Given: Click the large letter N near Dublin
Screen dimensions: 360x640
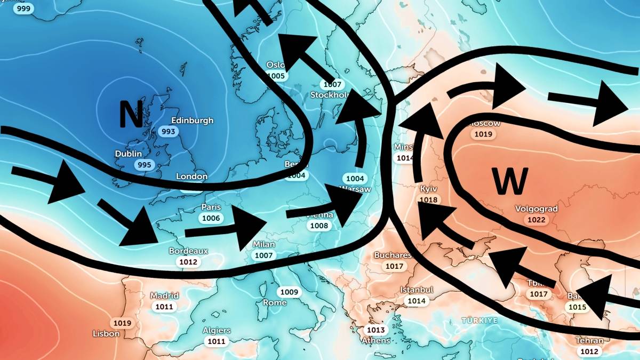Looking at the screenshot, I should tap(131, 115).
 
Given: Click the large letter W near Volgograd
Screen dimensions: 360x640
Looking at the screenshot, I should tap(510, 181).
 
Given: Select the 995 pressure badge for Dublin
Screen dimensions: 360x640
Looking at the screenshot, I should tap(145, 165).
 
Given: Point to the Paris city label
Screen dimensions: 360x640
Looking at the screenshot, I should tap(211, 207).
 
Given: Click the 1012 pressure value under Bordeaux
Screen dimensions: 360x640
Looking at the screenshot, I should tap(188, 262).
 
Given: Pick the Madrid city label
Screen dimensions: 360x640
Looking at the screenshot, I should tap(164, 295).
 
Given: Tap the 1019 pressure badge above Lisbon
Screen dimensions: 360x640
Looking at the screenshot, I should tap(122, 323).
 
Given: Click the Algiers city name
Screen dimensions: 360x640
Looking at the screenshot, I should tap(217, 330).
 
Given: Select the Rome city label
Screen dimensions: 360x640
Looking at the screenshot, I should tap(275, 302).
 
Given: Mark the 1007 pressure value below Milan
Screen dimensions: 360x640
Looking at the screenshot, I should tap(263, 255).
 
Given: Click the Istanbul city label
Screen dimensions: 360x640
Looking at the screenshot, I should tap(416, 290).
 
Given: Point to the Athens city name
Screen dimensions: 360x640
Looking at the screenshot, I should tap(376, 340).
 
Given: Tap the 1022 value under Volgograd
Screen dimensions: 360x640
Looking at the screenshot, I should tap(536, 220).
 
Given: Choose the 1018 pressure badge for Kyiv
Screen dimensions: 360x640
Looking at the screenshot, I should tap(429, 201).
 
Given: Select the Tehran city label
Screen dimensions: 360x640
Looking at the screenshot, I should tap(589, 340).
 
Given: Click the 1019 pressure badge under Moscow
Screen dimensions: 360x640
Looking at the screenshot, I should tap(483, 134).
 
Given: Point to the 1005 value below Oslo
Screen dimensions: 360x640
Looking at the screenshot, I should tap(276, 76).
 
